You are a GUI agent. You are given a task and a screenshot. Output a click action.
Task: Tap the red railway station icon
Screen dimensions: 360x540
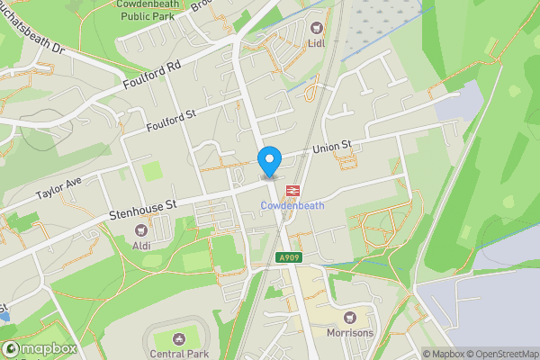[x=292, y=191]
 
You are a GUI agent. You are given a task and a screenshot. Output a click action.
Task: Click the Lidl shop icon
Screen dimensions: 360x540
[x=315, y=25]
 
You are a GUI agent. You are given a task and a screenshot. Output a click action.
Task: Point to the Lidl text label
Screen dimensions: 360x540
[x=315, y=41]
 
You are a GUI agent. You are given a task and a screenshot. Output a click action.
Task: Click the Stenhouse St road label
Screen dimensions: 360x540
[x=140, y=211]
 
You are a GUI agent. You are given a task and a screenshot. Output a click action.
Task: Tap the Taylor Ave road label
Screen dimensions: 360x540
[x=58, y=187]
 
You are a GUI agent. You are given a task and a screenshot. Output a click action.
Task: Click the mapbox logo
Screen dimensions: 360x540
[x=39, y=348]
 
